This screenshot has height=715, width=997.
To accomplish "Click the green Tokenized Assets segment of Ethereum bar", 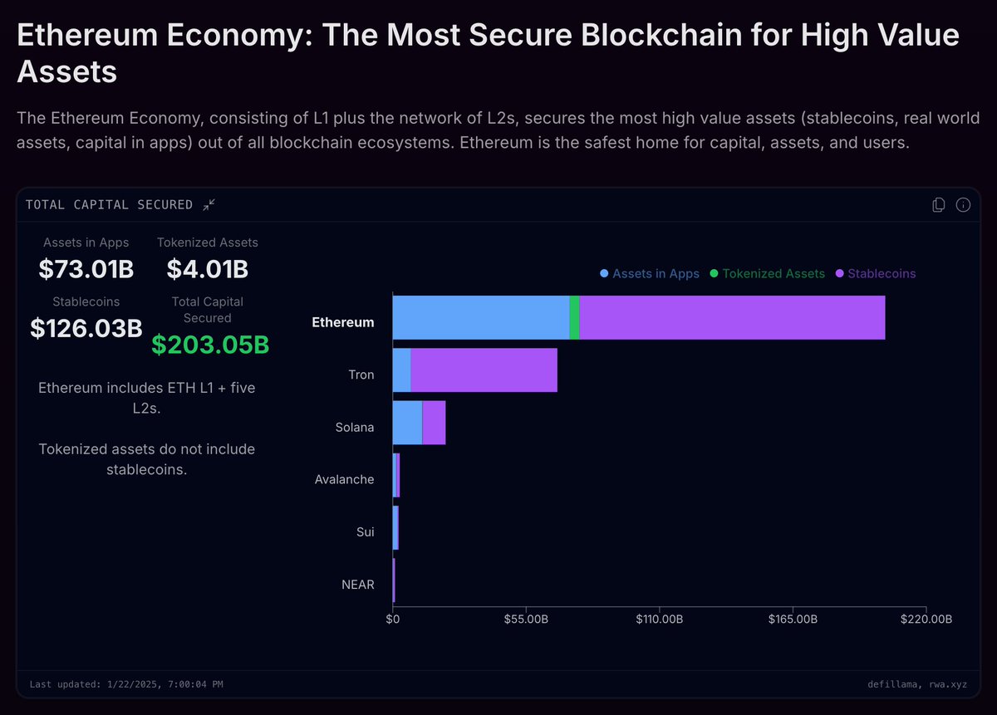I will tap(574, 317).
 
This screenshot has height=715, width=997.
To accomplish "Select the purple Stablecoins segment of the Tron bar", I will tap(484, 370).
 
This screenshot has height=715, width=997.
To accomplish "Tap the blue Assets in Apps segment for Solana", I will tap(407, 423).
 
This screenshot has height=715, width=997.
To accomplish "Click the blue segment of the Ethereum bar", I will tap(480, 317).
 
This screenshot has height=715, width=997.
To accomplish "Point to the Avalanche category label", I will tap(344, 479).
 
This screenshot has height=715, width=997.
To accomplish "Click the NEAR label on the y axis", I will tap(357, 585).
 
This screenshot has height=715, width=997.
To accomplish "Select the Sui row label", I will tap(365, 532).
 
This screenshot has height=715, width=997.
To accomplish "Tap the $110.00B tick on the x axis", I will tap(659, 620).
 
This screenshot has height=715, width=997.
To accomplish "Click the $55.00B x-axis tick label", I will tap(526, 620).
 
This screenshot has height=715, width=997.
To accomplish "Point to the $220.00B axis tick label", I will tap(926, 620).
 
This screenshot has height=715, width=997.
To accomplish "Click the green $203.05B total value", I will tap(209, 345).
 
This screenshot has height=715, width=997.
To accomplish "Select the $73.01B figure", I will tap(86, 269).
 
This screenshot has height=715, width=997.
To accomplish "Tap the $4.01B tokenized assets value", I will tap(207, 269).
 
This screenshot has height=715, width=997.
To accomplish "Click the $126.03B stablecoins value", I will tap(86, 328).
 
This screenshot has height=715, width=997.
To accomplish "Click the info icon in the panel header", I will tap(963, 205).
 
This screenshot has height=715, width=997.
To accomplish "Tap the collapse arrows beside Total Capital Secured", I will tap(209, 204).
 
